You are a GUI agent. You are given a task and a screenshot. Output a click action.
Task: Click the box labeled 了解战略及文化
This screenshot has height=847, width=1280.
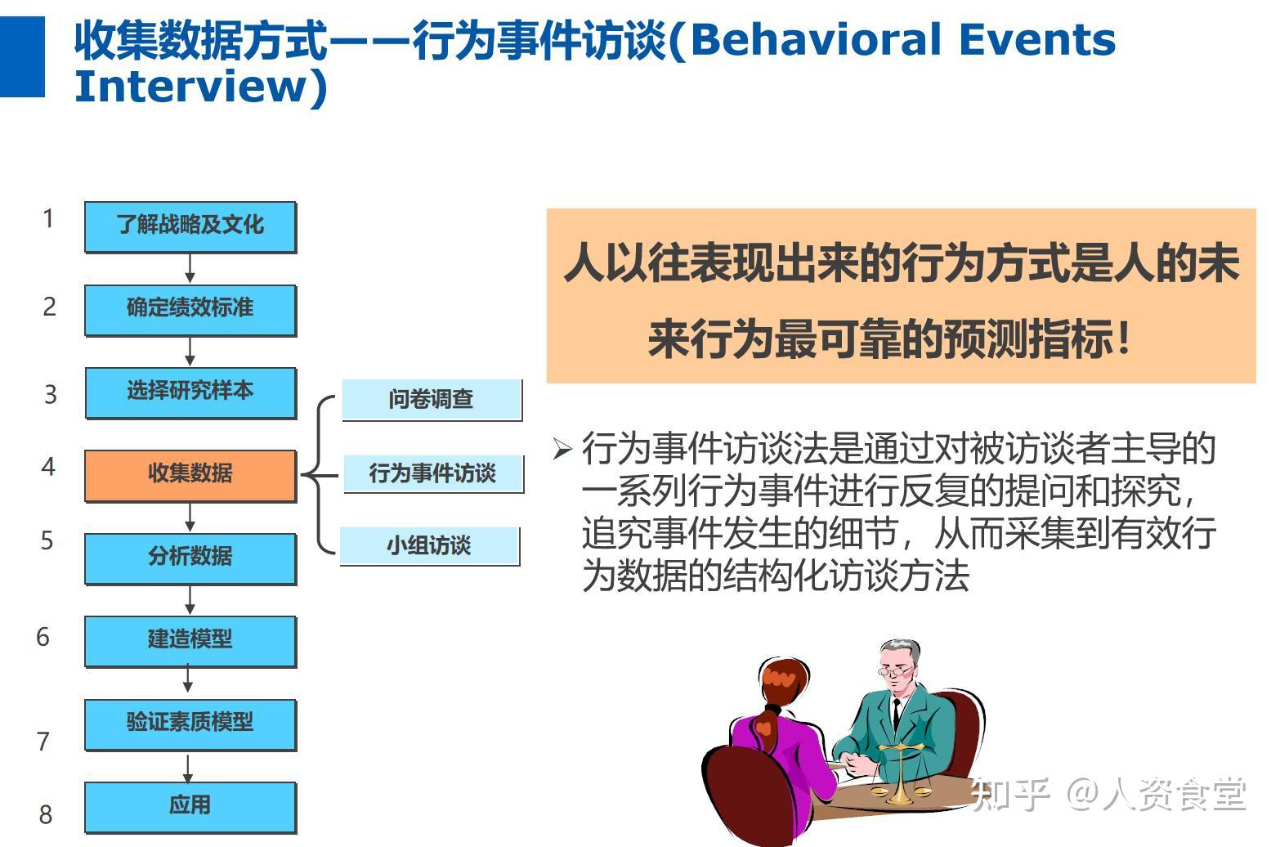tap(190, 227)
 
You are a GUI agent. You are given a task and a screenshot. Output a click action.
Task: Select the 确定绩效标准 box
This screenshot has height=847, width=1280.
tap(190, 311)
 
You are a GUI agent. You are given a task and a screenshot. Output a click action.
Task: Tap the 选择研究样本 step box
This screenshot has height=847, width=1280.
tap(191, 393)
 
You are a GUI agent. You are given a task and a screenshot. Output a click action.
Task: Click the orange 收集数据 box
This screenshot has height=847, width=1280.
tap(190, 476)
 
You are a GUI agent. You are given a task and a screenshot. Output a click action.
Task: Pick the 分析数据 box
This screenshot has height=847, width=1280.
tap(190, 559)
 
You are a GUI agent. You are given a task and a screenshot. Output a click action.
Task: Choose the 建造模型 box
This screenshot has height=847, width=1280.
tap(190, 642)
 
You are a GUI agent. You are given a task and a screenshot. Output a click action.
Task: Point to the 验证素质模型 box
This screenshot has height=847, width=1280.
tap(190, 724)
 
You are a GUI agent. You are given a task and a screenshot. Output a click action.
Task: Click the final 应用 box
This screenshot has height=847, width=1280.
tap(190, 808)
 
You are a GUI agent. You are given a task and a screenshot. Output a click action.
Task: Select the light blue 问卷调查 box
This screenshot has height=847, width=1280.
tap(432, 400)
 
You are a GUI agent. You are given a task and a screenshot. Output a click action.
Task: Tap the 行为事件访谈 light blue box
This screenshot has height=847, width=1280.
tap(434, 474)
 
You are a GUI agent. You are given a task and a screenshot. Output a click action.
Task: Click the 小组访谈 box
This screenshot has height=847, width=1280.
tap(430, 546)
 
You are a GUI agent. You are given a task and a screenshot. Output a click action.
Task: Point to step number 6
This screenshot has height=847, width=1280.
tap(43, 637)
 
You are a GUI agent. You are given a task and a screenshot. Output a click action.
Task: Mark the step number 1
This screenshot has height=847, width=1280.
tap(48, 218)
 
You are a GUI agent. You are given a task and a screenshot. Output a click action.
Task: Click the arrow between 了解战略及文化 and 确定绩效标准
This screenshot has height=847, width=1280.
tap(190, 269)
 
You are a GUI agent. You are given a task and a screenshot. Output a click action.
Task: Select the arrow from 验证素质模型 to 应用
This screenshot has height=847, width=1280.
tap(188, 768)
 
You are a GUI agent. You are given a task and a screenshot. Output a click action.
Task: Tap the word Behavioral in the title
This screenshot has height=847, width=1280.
tap(816, 39)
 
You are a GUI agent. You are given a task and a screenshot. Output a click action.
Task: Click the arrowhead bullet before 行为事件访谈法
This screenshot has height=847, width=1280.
tap(563, 449)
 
